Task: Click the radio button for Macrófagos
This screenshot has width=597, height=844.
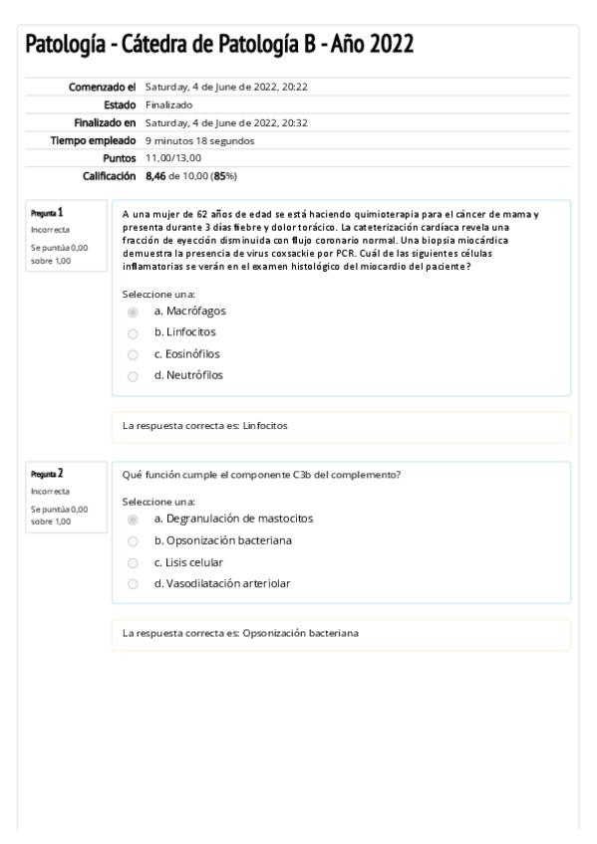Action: [x=133, y=312]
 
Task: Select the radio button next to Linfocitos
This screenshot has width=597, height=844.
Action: [x=133, y=332]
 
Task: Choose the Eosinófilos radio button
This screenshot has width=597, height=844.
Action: [x=133, y=354]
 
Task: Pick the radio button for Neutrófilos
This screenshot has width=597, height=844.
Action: [x=133, y=376]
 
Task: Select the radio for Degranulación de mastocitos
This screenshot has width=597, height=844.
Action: [x=133, y=520]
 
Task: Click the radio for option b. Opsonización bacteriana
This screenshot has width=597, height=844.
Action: [x=133, y=541]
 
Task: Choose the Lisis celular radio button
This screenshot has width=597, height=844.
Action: [x=133, y=562]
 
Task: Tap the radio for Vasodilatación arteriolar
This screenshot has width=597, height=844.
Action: [x=133, y=584]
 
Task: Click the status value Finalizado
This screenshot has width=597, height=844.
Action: [x=169, y=105]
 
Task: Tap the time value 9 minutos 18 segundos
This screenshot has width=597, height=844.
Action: [x=199, y=140]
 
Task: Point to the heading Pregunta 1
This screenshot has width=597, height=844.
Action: [x=46, y=212]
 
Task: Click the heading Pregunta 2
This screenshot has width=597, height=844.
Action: [x=46, y=474]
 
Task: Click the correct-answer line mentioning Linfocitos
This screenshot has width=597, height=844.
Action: [x=205, y=426]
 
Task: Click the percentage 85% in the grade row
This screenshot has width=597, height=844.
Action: [x=225, y=176]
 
